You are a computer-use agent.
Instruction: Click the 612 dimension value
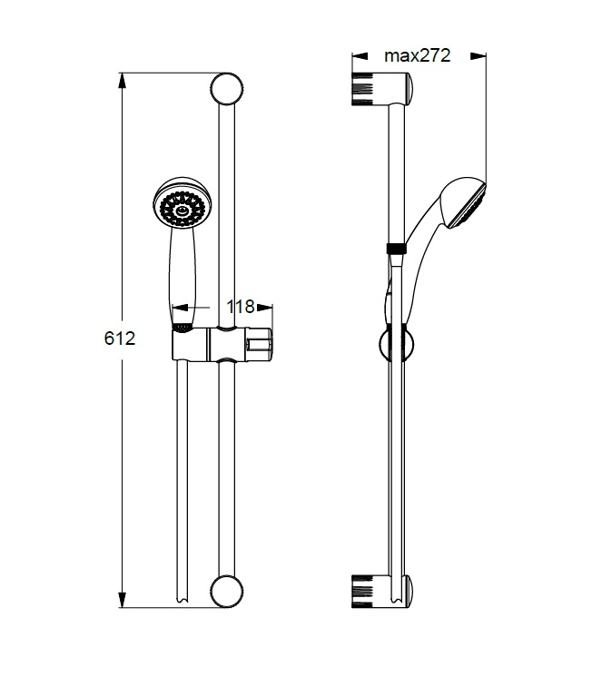pos(120,338)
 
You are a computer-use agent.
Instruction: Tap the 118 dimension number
pos(241,307)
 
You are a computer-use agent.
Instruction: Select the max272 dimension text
pos(418,55)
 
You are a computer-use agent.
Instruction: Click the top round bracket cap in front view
pos(227,89)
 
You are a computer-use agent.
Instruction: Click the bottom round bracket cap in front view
pos(227,592)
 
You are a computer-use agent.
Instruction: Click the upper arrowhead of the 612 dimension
pos(123,81)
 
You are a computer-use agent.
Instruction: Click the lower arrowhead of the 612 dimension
pos(123,600)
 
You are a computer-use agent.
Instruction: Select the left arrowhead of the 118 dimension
pos(180,308)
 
